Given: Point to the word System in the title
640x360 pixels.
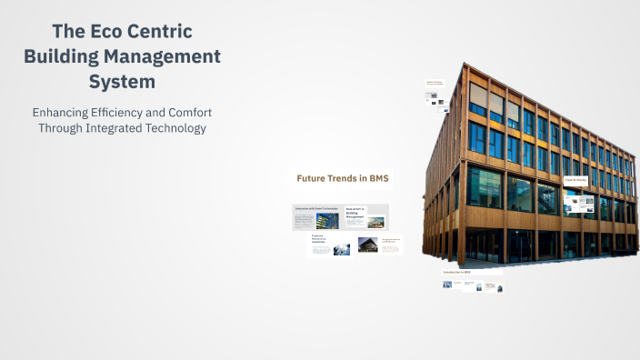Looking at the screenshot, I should [122, 82].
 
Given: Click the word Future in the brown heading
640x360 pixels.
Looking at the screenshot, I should [313, 178].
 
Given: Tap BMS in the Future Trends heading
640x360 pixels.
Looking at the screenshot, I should [375, 178].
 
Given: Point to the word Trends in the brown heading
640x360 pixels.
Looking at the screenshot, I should [345, 178].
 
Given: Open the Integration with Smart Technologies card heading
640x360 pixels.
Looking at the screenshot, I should [315, 210].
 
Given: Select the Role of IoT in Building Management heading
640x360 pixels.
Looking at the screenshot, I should [356, 214].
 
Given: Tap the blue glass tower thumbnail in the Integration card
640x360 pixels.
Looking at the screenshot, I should [326, 221].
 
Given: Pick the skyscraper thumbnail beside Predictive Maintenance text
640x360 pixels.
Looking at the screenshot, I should [342, 248].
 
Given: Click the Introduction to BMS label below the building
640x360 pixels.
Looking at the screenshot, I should [456, 272].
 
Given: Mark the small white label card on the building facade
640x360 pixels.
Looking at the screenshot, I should [575, 181].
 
